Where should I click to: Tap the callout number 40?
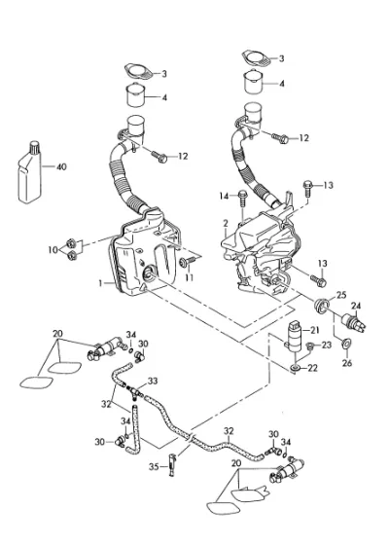61,166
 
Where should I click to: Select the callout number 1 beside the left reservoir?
100,283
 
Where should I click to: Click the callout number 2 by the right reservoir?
226,223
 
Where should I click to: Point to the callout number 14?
224,197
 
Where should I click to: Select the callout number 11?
189,277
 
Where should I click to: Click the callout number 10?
53,250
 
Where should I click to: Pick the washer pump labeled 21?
294,335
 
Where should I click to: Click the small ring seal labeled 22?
296,368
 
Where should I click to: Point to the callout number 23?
327,345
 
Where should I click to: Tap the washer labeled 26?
346,344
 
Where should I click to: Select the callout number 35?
154,466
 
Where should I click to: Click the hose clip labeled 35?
172,465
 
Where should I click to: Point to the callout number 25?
341,295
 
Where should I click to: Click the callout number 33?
153,381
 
